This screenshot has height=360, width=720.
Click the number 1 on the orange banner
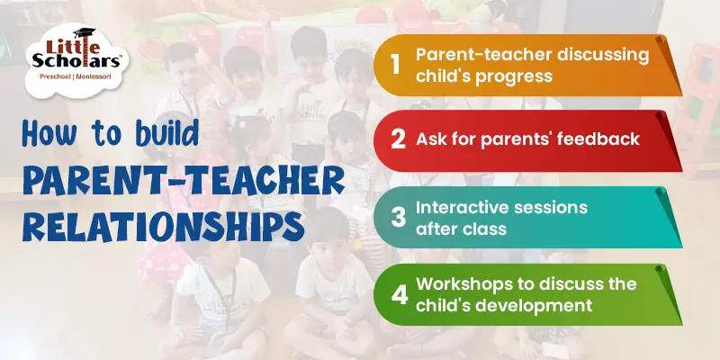[x=393, y=64]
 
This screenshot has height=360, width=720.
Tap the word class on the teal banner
[x=487, y=229]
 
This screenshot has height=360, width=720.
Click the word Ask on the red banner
[x=431, y=139]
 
